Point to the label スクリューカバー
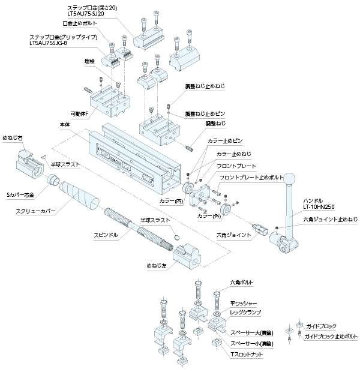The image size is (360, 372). tap(35, 211)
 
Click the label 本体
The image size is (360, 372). tap(65, 125)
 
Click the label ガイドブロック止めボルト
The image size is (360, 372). tap(330, 338)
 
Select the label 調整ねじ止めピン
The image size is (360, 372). tap(205, 113)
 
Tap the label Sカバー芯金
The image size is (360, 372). tap(20, 195)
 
